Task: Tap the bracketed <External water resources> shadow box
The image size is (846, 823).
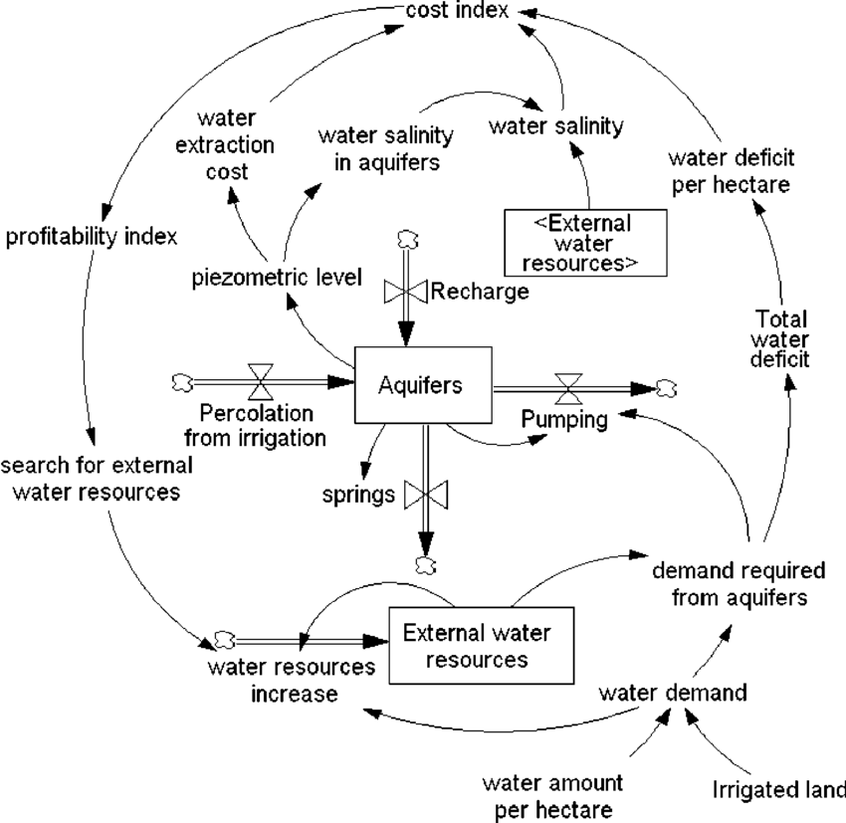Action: click(x=584, y=242)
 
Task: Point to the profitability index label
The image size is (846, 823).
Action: click(x=92, y=237)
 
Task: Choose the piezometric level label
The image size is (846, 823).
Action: click(x=277, y=276)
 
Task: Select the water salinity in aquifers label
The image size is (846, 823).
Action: click(x=386, y=146)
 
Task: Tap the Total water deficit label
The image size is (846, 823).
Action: click(x=782, y=339)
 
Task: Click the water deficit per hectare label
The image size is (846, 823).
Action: click(x=730, y=170)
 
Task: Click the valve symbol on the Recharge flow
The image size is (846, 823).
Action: click(x=404, y=292)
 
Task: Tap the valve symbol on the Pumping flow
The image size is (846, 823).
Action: click(x=569, y=385)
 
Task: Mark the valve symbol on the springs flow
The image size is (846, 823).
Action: click(x=426, y=494)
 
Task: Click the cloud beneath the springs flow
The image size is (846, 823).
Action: click(x=425, y=566)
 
